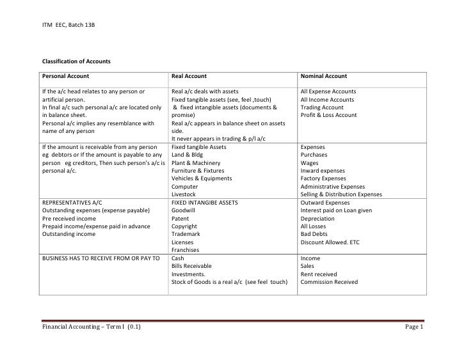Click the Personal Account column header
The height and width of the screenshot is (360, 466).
pyautogui.click(x=66, y=76)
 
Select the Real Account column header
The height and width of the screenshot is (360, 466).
pyautogui.click(x=189, y=76)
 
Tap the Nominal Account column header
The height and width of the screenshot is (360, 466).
pyautogui.click(x=324, y=76)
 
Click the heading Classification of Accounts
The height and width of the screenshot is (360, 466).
pyautogui.click(x=76, y=61)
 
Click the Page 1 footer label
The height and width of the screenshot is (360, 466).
pyautogui.click(x=414, y=327)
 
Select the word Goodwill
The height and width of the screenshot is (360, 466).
pyautogui.click(x=184, y=210)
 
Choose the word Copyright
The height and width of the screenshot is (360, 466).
pyautogui.click(x=184, y=226)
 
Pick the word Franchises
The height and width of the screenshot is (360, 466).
pyautogui.click(x=186, y=250)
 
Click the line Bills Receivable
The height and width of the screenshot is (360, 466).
pyautogui.click(x=191, y=266)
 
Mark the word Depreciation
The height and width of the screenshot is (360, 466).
pyautogui.click(x=318, y=218)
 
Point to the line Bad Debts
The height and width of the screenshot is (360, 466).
pyautogui.click(x=314, y=234)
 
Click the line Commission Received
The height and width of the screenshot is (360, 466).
pyautogui.click(x=329, y=282)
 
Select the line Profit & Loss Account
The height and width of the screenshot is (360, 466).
pyautogui.click(x=328, y=115)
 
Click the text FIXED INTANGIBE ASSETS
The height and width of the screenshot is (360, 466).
pyautogui.click(x=204, y=203)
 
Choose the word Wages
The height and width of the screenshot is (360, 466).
pyautogui.click(x=309, y=163)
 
